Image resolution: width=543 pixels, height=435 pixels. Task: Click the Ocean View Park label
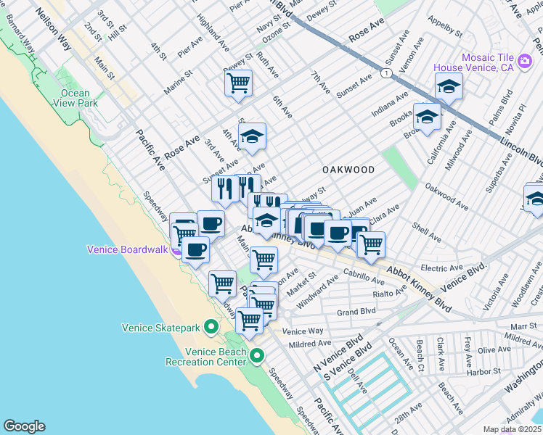pos(70,98)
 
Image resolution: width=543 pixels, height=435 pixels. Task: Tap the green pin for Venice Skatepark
pos(211,327)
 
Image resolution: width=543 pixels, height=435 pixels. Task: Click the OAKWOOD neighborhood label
pos(349,170)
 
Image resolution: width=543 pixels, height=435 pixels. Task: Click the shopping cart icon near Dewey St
pos(237,84)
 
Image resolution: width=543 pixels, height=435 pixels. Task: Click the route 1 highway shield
pos(390,73)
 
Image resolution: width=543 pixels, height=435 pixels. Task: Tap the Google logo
pos(24,426)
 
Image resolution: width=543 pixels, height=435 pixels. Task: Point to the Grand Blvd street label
pos(356,312)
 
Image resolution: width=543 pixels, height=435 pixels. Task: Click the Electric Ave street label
pos(441,268)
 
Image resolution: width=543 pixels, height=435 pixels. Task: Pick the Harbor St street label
pos(482,372)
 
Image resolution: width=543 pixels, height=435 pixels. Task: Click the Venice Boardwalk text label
pos(128,249)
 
